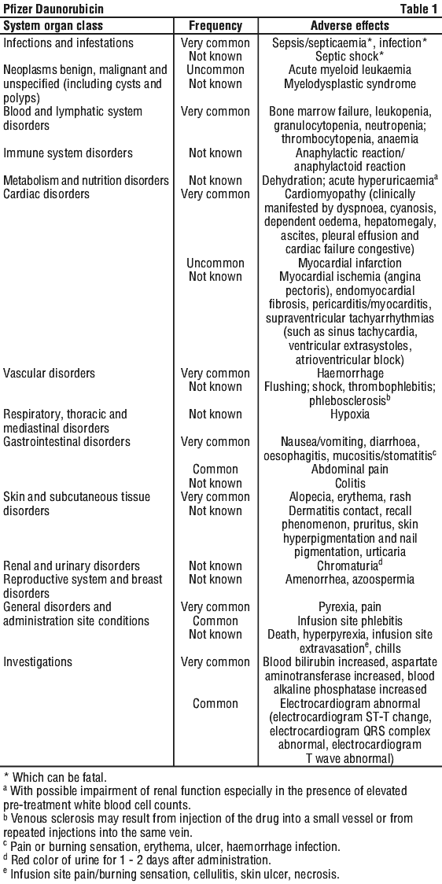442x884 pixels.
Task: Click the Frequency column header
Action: (x=215, y=26)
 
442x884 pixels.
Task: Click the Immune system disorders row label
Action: (x=68, y=153)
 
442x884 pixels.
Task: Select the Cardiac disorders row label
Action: (x=46, y=194)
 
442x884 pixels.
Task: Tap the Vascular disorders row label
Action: (x=49, y=373)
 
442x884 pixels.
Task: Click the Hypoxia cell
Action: (x=350, y=414)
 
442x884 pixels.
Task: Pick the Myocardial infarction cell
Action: (x=350, y=263)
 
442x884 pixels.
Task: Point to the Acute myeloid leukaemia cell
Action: (x=350, y=70)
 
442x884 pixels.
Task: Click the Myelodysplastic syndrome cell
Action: (x=350, y=83)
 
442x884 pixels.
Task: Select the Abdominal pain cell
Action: (x=350, y=469)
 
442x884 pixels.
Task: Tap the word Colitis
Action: (x=350, y=483)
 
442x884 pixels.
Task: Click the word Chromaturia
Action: (x=348, y=565)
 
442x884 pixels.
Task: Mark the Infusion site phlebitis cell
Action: (x=350, y=621)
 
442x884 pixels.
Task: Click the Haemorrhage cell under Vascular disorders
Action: (x=350, y=373)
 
